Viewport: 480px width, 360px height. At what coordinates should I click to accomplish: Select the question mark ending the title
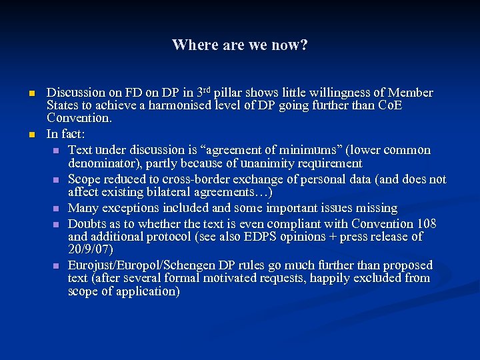coord(304,45)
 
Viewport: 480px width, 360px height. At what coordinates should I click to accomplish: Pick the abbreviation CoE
coord(390,106)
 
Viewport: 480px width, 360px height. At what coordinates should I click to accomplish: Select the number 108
coord(425,223)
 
